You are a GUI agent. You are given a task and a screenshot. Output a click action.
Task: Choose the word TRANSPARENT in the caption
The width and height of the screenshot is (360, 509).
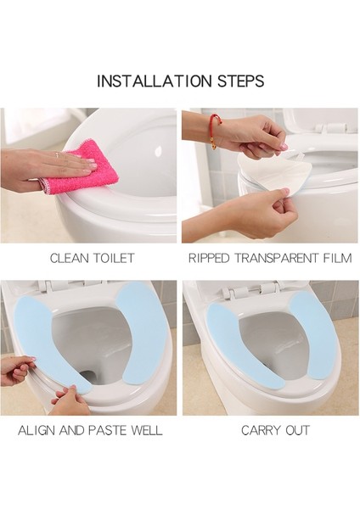click(x=273, y=257)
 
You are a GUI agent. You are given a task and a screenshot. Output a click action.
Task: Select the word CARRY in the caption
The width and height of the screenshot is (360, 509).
click(x=258, y=430)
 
